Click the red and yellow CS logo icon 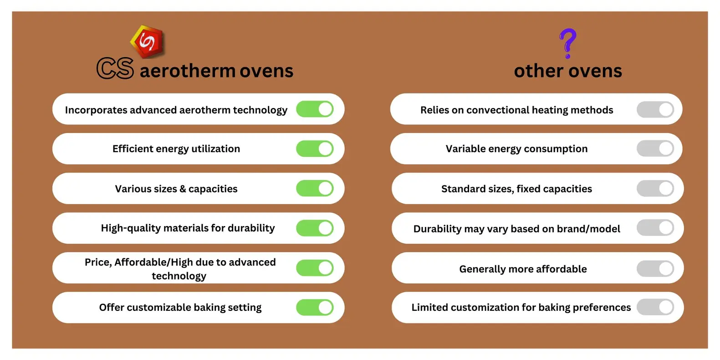[x=148, y=42]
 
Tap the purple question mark [x=567, y=43]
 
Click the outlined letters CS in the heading [x=115, y=68]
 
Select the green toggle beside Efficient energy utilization [x=315, y=149]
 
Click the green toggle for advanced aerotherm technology [x=315, y=109]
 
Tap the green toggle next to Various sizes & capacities [x=315, y=188]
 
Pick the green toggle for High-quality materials [x=315, y=228]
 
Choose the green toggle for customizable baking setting [x=315, y=307]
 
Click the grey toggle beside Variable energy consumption [x=655, y=148]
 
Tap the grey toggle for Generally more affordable [x=655, y=268]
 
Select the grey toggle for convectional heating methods [x=655, y=109]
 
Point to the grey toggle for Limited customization [x=655, y=307]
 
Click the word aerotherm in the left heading [x=188, y=71]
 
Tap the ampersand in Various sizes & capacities [x=183, y=189]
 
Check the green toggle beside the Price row [x=315, y=267]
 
